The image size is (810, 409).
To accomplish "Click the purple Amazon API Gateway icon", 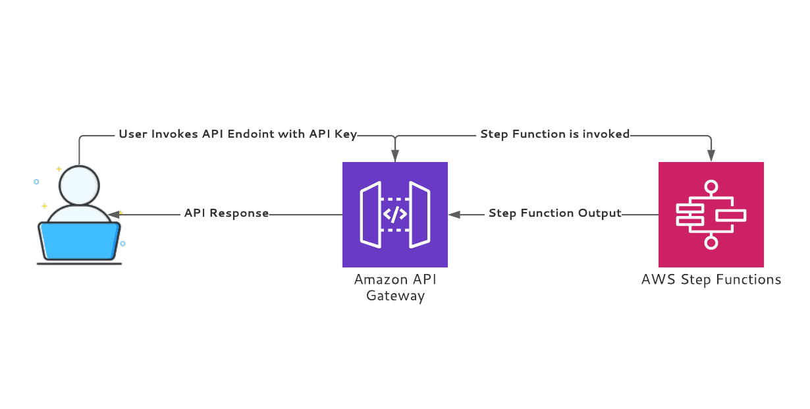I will [394, 214].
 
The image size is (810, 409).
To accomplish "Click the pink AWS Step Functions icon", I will [711, 214].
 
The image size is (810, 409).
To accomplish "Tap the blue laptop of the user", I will [80, 240].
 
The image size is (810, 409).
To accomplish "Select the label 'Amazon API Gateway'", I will [395, 287].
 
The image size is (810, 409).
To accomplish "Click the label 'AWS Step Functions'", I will [711, 280].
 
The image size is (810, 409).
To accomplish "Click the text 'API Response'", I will [227, 213].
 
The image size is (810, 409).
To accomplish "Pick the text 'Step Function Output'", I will [554, 213].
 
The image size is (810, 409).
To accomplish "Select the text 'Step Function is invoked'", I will [554, 134].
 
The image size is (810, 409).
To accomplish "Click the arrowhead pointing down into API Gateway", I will [394, 157].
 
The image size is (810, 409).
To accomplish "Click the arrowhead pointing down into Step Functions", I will [711, 157].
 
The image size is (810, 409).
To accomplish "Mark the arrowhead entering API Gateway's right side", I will [454, 214].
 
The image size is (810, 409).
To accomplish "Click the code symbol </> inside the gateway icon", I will [395, 214].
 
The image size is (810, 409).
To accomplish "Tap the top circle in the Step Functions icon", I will [711, 186].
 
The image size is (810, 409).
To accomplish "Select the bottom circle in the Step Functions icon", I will [711, 242].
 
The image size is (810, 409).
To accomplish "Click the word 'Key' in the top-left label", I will [346, 134].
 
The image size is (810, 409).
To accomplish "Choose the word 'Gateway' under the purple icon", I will [395, 296].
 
